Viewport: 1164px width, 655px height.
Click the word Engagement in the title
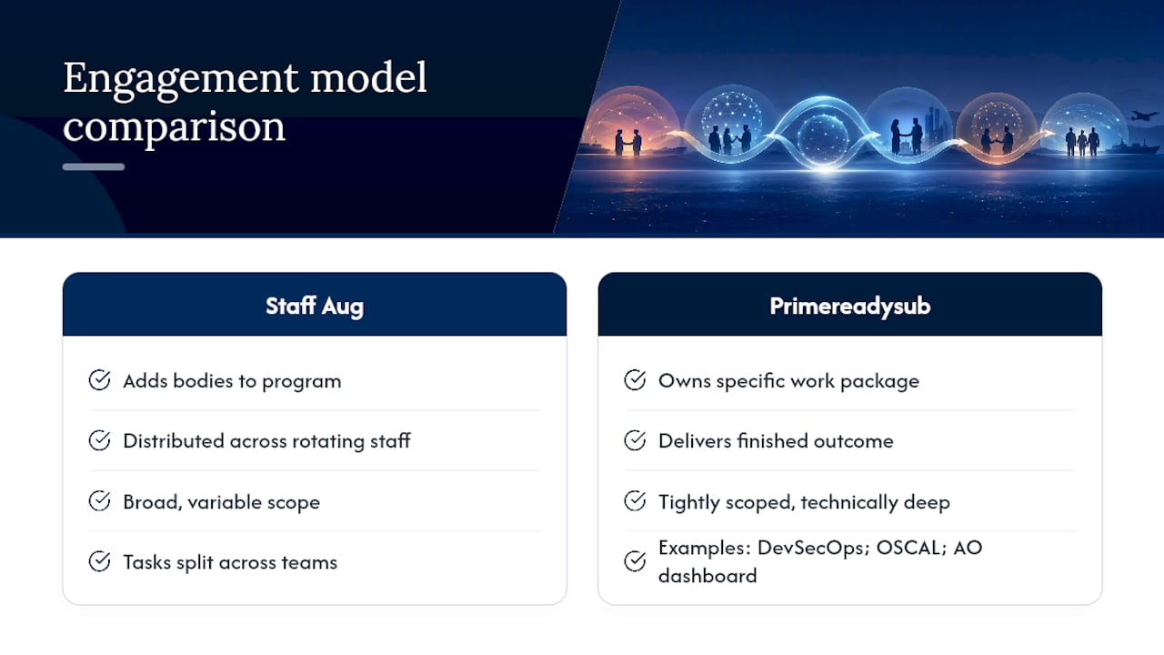tap(181, 79)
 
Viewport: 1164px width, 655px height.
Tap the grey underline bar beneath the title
tap(94, 166)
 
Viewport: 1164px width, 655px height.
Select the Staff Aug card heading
tap(315, 306)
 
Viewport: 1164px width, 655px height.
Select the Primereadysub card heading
tap(850, 307)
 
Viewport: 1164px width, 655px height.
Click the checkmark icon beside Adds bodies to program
tap(99, 380)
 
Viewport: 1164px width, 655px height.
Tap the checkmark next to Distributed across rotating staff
tap(99, 440)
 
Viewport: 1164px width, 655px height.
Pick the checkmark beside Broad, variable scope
tap(99, 501)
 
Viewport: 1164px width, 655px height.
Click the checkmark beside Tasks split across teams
tap(99, 561)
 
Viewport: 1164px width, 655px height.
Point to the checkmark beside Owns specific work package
tap(635, 380)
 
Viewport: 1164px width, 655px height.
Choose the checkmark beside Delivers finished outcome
tap(635, 440)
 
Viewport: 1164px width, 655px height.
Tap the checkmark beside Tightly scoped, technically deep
tap(635, 501)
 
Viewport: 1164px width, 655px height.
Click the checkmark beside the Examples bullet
tap(635, 561)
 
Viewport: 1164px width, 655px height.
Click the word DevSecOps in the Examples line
tap(813, 549)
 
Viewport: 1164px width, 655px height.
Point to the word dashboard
tap(707, 576)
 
